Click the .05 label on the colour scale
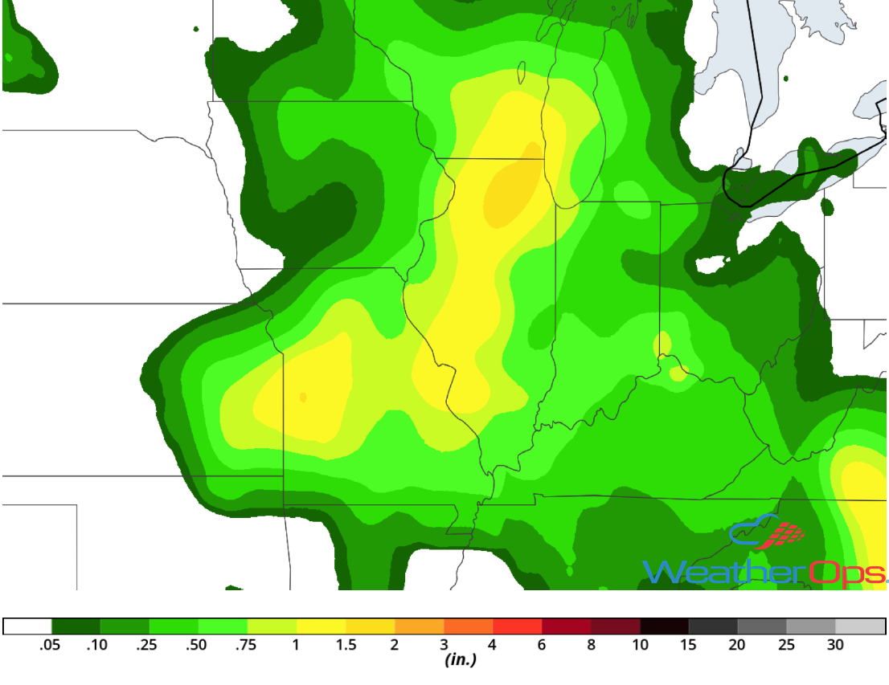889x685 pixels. (x=51, y=644)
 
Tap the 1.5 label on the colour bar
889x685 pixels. (x=345, y=644)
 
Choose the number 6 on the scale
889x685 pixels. (x=542, y=644)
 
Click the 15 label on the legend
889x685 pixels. (x=689, y=644)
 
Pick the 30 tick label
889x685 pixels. (x=835, y=644)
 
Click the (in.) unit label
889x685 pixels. (x=461, y=660)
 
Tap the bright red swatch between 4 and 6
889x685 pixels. (x=518, y=626)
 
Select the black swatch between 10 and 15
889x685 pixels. (x=665, y=626)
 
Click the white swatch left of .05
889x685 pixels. (x=27, y=626)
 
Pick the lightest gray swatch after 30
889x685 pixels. (x=860, y=626)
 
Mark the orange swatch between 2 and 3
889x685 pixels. (x=420, y=626)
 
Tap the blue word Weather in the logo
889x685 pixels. (x=723, y=572)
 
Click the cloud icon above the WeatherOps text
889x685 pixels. (x=756, y=531)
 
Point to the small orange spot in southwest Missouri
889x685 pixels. (x=303, y=397)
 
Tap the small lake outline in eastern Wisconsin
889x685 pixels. (x=522, y=74)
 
